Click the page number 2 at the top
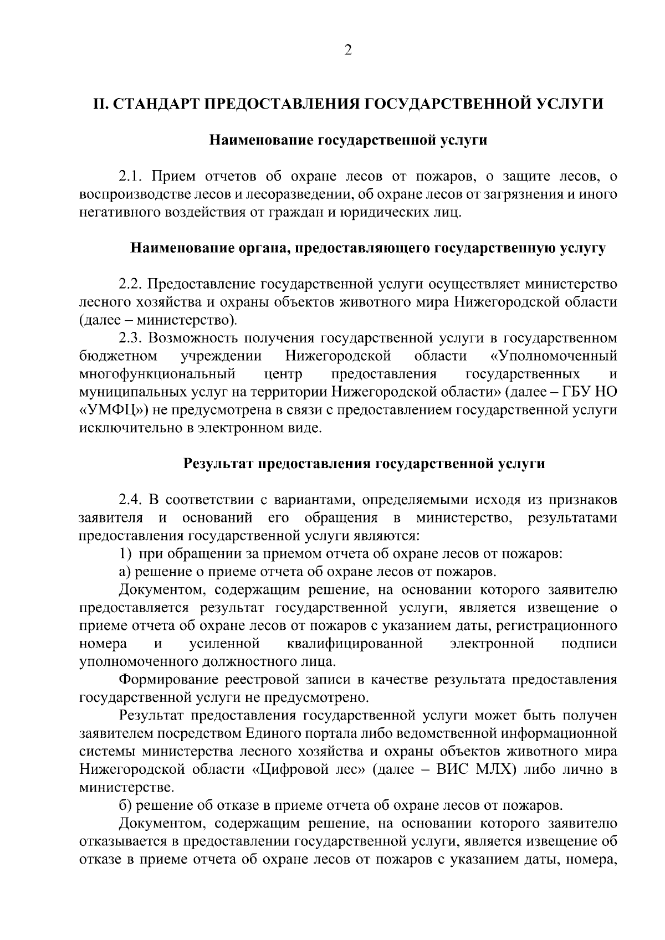point(347,50)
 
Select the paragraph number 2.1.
point(132,177)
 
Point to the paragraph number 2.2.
point(132,284)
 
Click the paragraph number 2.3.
point(132,338)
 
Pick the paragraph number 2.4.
point(132,500)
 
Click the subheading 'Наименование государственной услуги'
point(347,141)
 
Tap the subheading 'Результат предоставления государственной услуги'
point(364,464)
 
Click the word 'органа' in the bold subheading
point(261,248)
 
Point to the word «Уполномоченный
point(554,356)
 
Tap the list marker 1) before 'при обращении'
point(125,554)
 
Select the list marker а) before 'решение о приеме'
point(124,572)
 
